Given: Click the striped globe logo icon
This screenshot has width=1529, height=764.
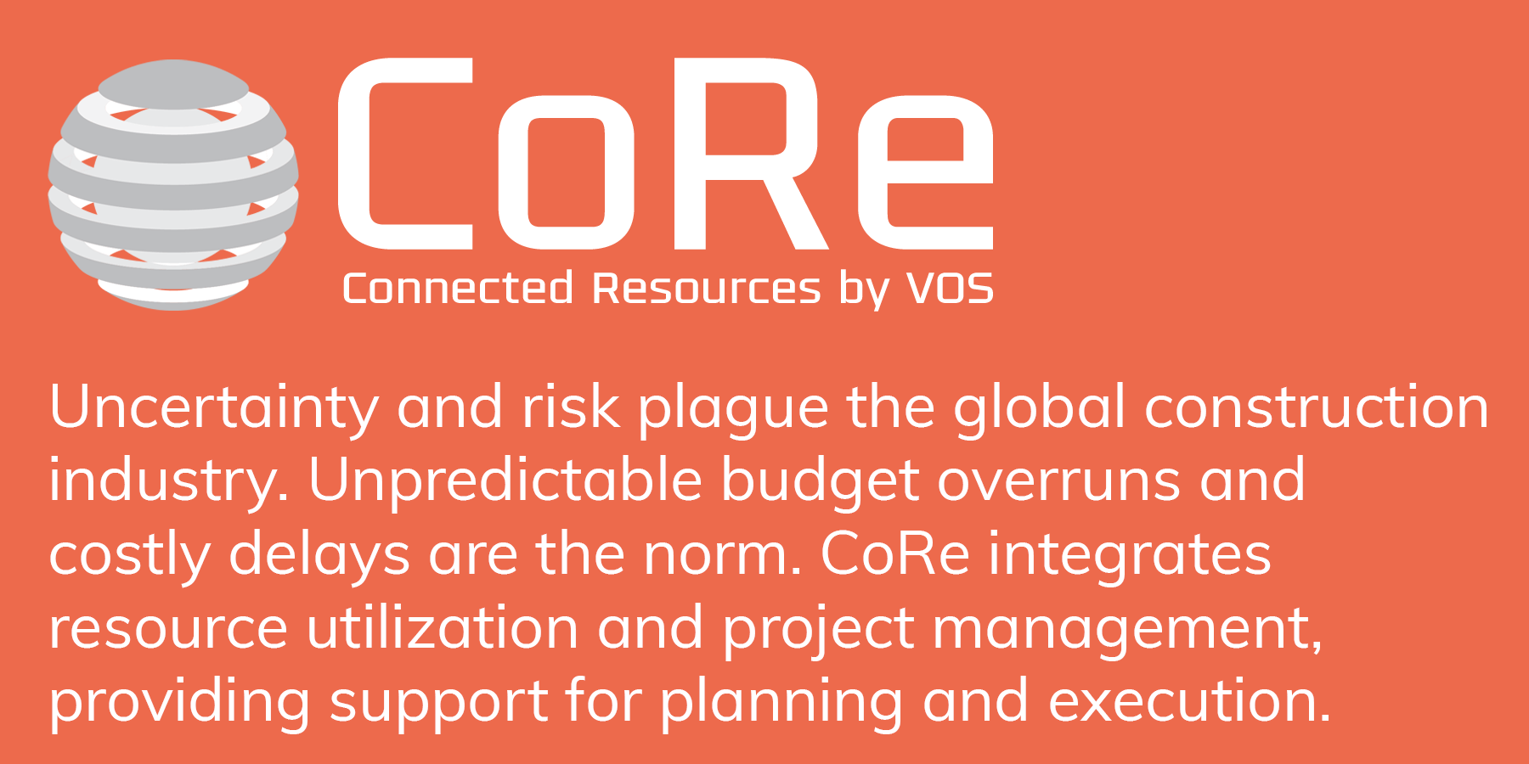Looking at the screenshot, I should point(173,185).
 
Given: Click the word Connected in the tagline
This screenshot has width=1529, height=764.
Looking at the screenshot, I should point(458,289).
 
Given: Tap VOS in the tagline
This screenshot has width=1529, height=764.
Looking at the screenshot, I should point(951,289).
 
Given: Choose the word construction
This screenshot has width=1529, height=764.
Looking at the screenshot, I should point(1317,408).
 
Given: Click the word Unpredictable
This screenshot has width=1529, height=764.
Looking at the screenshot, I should point(505,481).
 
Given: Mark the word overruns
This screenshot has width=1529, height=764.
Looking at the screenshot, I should point(1059,481).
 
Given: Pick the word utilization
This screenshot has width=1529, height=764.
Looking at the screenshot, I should point(443,628).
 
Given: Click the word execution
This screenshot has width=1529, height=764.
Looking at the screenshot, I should point(1189,702).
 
